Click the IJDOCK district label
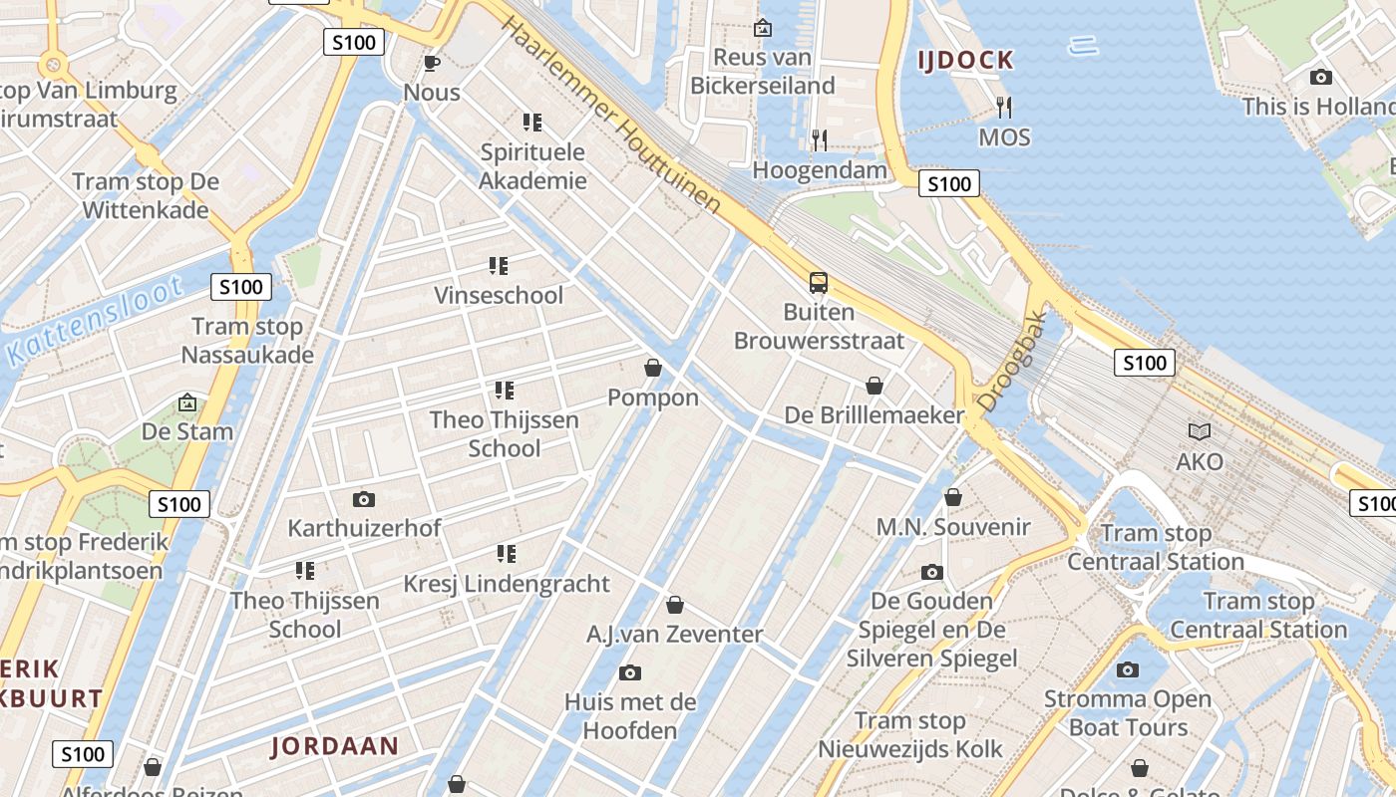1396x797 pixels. point(965,61)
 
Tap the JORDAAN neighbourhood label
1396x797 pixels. point(335,746)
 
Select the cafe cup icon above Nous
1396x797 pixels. point(431,64)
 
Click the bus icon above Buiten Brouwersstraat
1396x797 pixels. point(819,283)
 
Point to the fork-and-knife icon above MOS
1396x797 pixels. point(1004,107)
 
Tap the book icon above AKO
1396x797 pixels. point(1200,432)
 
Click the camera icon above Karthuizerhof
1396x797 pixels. point(364,499)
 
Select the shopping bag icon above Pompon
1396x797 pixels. point(653,369)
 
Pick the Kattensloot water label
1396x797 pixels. point(95,322)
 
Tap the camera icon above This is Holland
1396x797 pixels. point(1320,77)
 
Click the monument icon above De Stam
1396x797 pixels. point(186,402)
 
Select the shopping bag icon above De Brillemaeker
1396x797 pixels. point(874,386)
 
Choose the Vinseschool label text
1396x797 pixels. point(499,296)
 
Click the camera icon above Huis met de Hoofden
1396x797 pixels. point(629,673)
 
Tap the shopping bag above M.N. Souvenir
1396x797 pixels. point(953,497)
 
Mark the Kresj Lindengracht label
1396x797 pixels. point(506,584)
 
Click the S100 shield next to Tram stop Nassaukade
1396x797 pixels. point(241,288)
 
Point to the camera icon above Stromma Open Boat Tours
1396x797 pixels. point(1128,669)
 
